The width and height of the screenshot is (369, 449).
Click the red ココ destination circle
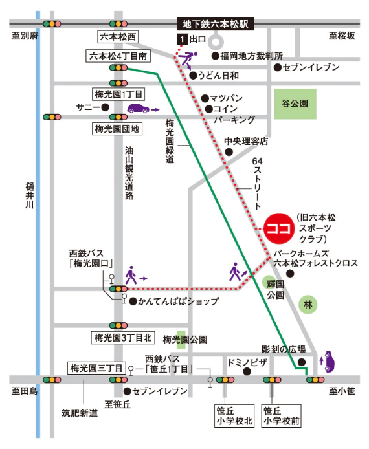[278, 229]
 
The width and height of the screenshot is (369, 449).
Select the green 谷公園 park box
[295, 103]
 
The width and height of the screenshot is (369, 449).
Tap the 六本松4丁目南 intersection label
[120, 57]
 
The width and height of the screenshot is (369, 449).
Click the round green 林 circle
[309, 303]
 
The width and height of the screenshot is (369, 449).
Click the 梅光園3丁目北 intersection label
[122, 338]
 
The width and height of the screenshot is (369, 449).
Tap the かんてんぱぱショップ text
[177, 301]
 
